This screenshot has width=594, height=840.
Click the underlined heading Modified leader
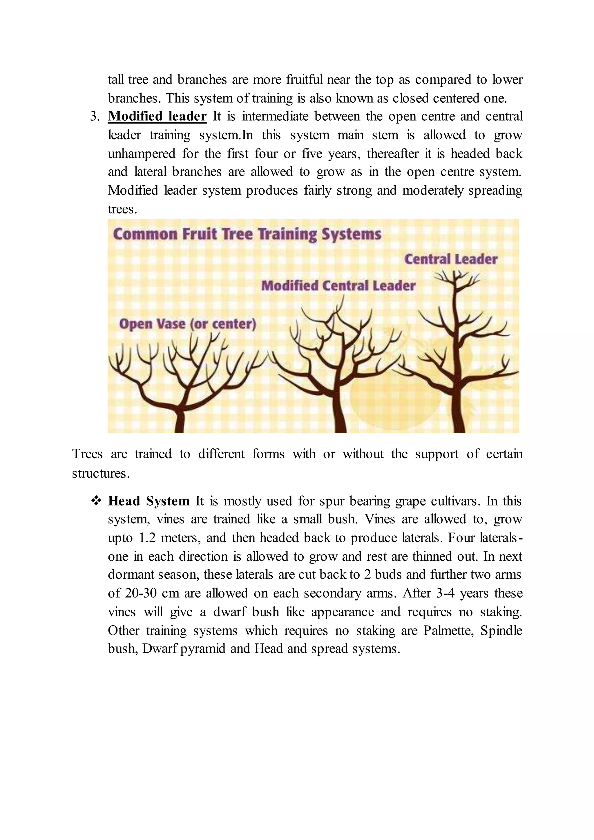(157, 116)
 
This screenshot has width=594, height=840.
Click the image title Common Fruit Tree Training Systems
(247, 234)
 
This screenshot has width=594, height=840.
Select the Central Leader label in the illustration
(451, 259)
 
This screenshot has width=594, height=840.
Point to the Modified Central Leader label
(338, 286)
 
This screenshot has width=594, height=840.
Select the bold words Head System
(148, 501)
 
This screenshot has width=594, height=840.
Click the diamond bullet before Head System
(96, 501)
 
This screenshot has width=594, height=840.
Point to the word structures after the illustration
(101, 473)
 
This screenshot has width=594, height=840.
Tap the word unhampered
(142, 154)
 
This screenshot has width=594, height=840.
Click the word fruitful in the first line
(304, 79)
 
